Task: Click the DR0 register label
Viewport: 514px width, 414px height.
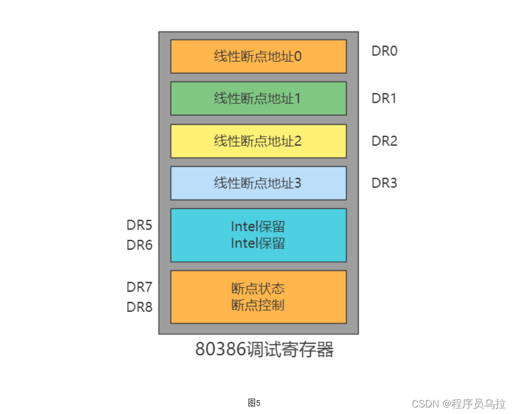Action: tap(385, 51)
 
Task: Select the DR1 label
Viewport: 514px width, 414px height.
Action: tap(385, 99)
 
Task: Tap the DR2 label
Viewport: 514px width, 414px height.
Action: tap(385, 141)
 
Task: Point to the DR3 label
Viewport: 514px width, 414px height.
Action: tap(385, 183)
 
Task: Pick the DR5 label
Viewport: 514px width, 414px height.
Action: tap(139, 225)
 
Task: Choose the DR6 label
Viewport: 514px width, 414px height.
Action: tap(139, 245)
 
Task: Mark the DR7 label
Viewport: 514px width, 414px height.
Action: tap(139, 287)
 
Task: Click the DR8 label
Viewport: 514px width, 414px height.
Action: tap(139, 307)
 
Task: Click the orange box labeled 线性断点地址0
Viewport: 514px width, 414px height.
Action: tap(258, 56)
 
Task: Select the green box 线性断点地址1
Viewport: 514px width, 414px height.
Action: tap(258, 98)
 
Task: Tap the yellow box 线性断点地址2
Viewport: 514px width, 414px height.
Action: tap(258, 141)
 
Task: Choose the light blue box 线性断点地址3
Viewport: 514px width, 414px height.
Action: tap(258, 183)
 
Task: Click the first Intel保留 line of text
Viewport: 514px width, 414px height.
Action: tap(258, 227)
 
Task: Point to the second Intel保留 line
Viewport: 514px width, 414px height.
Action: tap(258, 243)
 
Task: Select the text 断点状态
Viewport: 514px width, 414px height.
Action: tap(258, 288)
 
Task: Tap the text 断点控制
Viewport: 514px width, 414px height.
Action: tap(258, 305)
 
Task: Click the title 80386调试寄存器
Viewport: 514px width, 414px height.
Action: tap(264, 350)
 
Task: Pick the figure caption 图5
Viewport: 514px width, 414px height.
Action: tap(254, 403)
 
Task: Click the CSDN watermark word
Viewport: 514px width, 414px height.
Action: tap(426, 404)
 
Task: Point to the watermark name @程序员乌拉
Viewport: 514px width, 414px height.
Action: tap(474, 404)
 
